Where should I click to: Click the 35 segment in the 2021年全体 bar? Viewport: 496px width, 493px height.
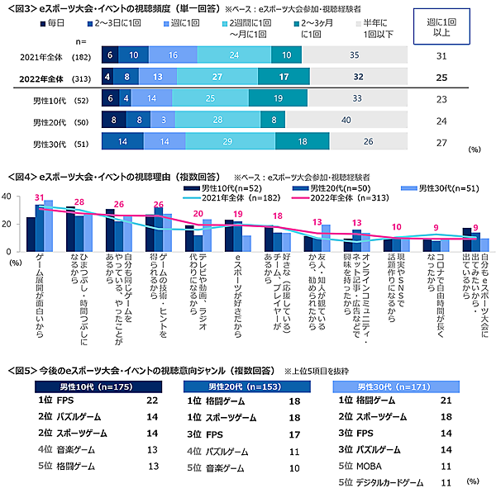353,55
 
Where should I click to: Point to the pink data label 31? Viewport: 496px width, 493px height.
39,197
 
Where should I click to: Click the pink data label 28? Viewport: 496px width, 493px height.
79,201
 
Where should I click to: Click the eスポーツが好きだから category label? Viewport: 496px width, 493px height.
238,276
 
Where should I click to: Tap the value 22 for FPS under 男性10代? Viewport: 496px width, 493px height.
151,401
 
